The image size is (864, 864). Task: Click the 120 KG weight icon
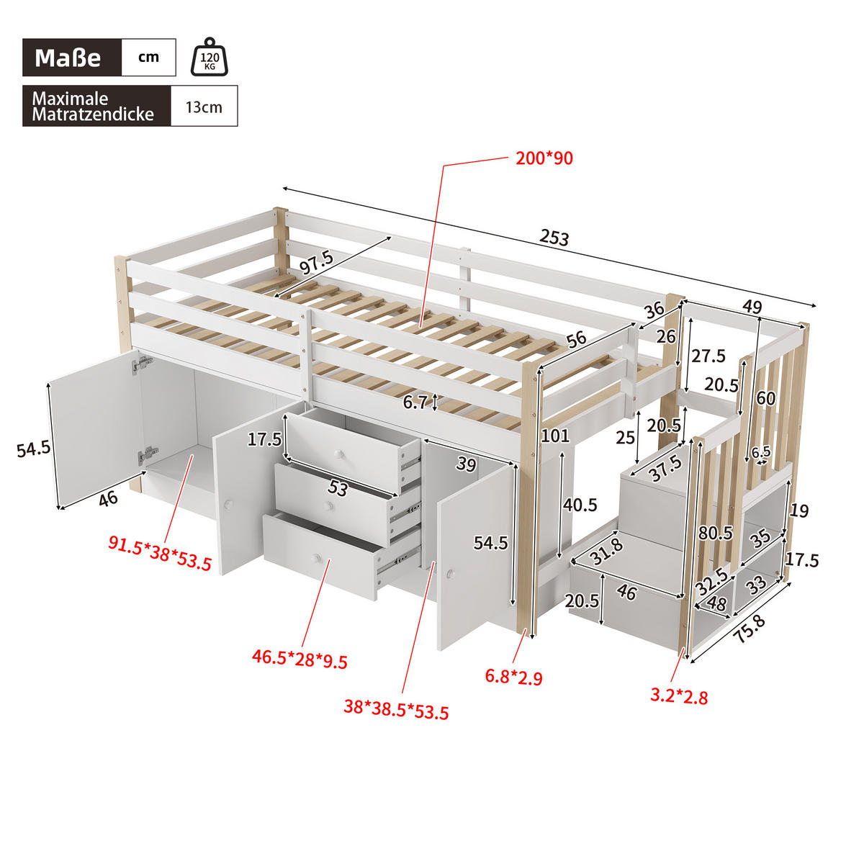(209, 58)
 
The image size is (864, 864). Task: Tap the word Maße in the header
(68, 58)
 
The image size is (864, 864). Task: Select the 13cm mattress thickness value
(204, 107)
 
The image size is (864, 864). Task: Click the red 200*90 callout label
(544, 158)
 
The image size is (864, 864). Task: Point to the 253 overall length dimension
(554, 238)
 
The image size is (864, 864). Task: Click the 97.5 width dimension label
(317, 263)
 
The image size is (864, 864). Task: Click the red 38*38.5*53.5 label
(396, 709)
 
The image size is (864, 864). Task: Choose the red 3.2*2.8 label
(679, 696)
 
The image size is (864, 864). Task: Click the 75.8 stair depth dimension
(750, 628)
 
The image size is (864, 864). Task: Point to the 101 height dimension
(555, 436)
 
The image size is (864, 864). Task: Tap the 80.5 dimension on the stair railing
(715, 534)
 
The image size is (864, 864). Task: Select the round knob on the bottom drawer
(315, 557)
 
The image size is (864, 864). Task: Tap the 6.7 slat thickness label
(415, 402)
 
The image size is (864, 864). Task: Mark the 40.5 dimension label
(580, 505)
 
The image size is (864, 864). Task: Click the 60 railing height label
(766, 398)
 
